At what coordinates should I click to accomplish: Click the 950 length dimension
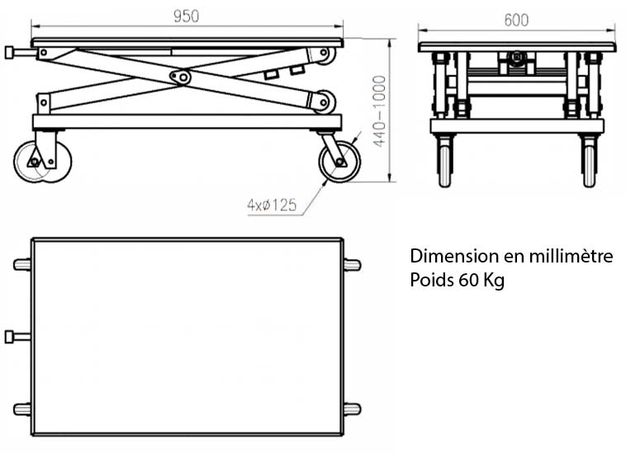(186, 17)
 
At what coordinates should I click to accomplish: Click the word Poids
(431, 281)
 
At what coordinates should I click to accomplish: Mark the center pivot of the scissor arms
(179, 77)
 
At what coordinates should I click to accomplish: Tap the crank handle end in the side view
(9, 53)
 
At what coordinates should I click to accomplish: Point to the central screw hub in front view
(517, 59)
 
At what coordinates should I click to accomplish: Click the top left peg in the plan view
(21, 265)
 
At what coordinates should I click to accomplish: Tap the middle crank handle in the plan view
(17, 337)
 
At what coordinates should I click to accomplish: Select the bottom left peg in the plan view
(21, 409)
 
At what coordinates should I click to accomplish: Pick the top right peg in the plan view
(353, 265)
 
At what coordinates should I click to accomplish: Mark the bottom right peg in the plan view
(353, 409)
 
